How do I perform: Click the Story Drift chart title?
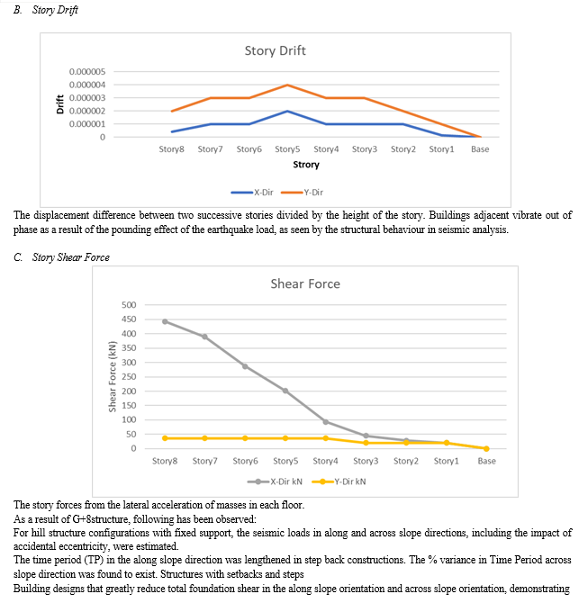[276, 50]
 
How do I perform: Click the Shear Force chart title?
[305, 283]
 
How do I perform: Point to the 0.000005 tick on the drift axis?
[87, 71]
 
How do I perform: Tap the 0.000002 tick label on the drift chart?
[87, 111]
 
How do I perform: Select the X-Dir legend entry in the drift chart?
[252, 193]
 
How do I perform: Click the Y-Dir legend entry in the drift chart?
[302, 193]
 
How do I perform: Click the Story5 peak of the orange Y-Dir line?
[287, 85]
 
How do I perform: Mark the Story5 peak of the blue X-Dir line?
[287, 111]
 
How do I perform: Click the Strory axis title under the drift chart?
[306, 165]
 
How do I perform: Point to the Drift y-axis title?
[60, 104]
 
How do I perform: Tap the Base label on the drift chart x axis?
[480, 149]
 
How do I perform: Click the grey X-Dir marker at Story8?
[165, 321]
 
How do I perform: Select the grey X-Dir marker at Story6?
[245, 366]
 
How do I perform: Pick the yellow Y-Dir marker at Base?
[486, 448]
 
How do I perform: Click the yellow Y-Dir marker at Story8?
[165, 438]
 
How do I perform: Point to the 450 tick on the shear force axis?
[129, 319]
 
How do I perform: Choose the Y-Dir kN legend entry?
[339, 481]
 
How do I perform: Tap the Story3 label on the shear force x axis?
[366, 461]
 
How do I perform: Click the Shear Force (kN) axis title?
[113, 376]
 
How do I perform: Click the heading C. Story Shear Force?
[61, 257]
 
